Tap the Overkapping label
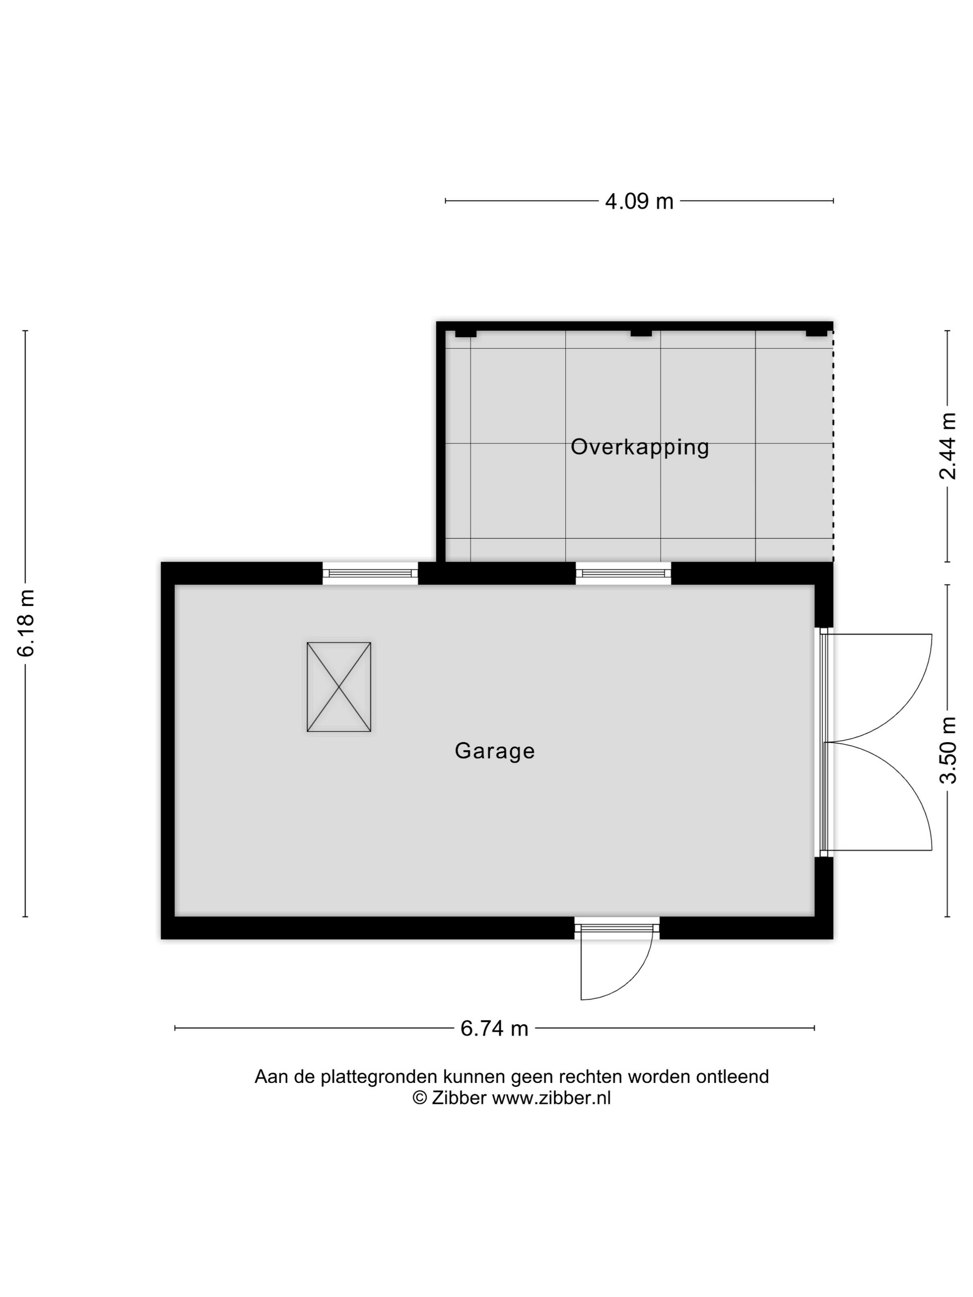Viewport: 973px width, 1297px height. pyautogui.click(x=640, y=447)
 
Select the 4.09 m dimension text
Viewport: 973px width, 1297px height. pyautogui.click(x=638, y=201)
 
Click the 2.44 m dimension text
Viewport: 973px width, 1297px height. pyautogui.click(x=948, y=446)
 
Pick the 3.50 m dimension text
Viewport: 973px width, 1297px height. pyautogui.click(x=948, y=750)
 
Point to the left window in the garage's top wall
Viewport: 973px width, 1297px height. pyautogui.click(x=370, y=573)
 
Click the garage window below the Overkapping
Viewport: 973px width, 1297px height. pyautogui.click(x=624, y=573)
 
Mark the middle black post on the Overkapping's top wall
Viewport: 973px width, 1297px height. pyautogui.click(x=641, y=333)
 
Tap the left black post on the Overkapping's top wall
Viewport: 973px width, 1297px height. pyautogui.click(x=466, y=333)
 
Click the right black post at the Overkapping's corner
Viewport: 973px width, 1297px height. pyautogui.click(x=816, y=333)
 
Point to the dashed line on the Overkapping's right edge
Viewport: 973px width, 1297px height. pyautogui.click(x=833, y=446)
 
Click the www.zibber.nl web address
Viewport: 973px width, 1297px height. pyautogui.click(x=551, y=1098)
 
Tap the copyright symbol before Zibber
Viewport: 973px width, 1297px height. pyautogui.click(x=419, y=1098)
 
